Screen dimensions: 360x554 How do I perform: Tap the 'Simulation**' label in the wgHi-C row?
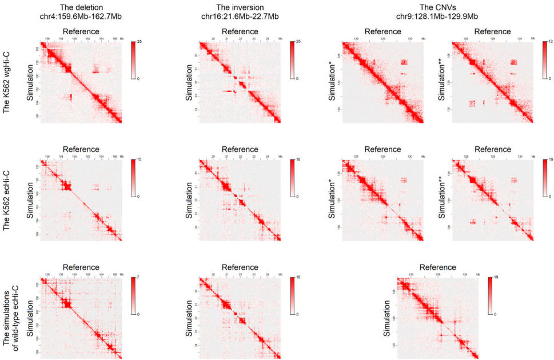tap(442, 82)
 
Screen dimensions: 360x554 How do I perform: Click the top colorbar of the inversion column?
tap(293, 60)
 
